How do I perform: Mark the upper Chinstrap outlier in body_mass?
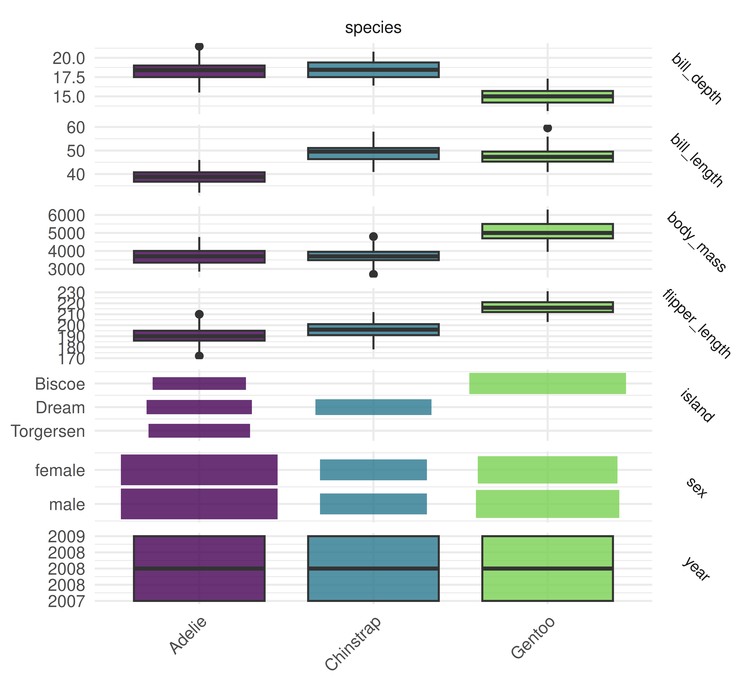click(373, 237)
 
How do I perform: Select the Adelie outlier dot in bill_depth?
click(199, 46)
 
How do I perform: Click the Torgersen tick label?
click(48, 431)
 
